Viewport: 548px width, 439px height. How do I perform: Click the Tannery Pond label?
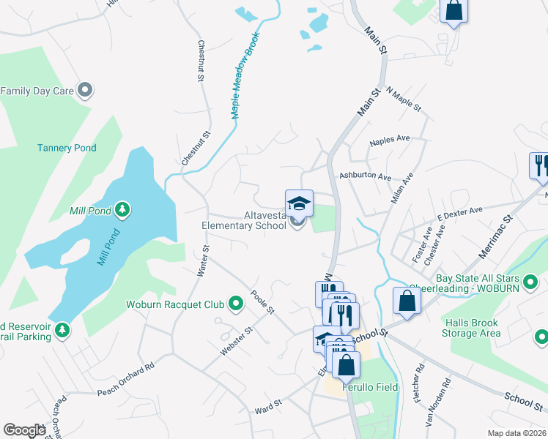coord(67,148)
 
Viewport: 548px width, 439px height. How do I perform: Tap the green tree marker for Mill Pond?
coord(123,211)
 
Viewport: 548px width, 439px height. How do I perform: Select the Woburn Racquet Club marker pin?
coord(235,303)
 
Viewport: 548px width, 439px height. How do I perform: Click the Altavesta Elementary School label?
coord(244,221)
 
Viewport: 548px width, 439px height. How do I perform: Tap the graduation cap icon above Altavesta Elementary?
coord(299,203)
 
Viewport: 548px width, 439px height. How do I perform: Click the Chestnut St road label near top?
coord(199,59)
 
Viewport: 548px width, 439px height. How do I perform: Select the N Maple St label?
coord(404,100)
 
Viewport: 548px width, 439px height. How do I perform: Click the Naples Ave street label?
coord(390,139)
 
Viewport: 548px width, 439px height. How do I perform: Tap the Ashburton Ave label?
coord(365,177)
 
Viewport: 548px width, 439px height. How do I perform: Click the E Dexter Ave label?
coord(460,213)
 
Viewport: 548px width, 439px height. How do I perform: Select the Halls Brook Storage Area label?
coord(471,329)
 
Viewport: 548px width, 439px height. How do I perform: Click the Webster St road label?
coord(237,342)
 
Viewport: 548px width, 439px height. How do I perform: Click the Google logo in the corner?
coord(24,430)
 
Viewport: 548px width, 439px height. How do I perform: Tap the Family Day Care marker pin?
coord(85,91)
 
